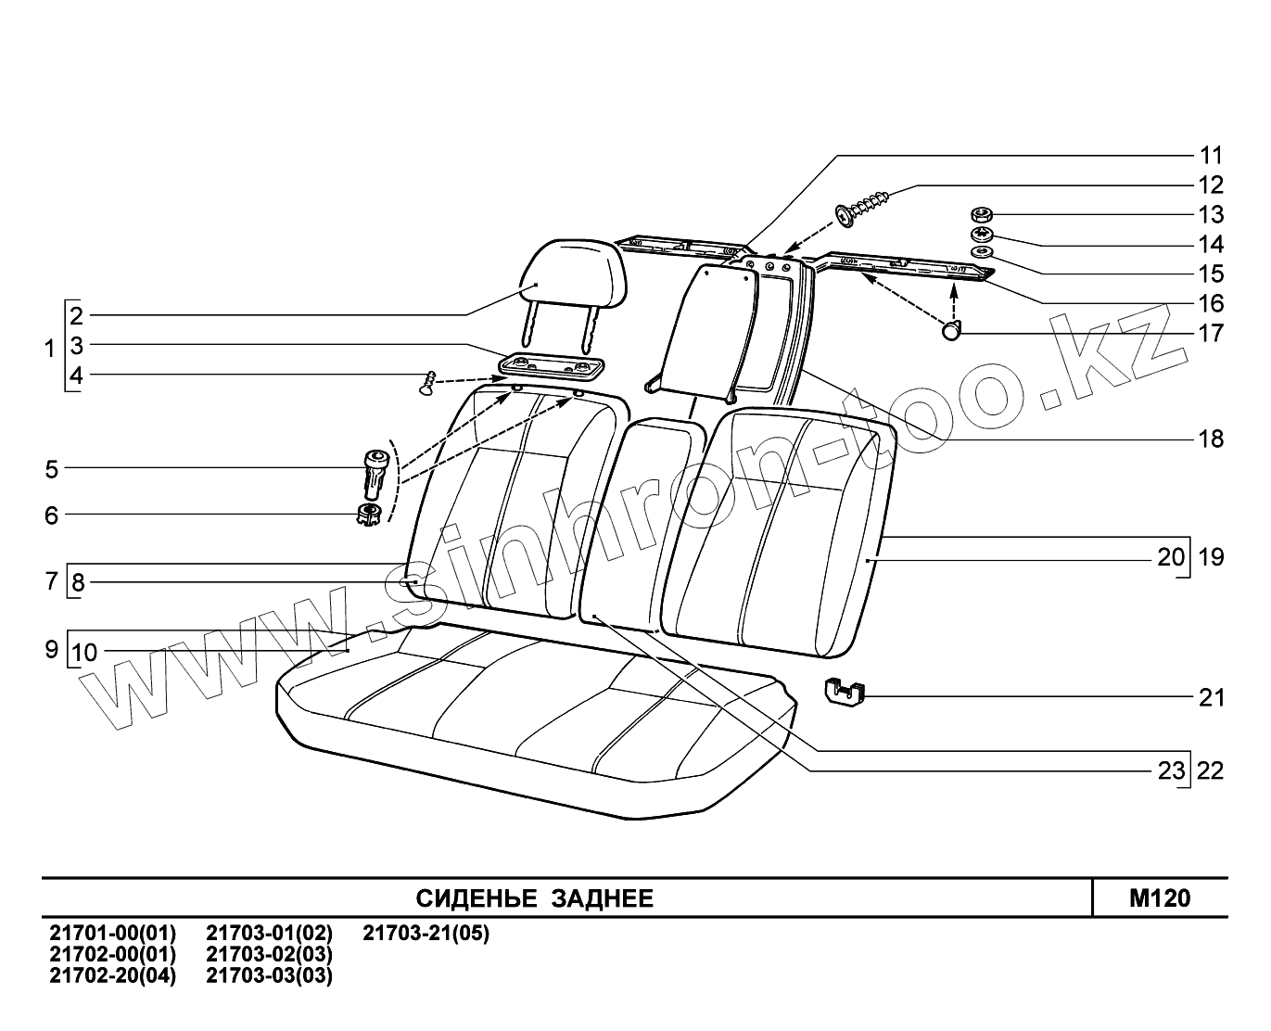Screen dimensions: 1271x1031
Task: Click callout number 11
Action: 1211,155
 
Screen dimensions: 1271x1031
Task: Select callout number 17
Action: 1211,333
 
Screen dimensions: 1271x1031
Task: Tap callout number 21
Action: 1211,697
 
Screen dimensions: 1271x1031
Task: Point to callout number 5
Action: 51,469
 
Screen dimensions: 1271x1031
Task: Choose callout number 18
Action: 1211,439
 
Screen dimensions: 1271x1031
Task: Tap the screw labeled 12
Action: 866,207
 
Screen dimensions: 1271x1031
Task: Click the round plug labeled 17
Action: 952,331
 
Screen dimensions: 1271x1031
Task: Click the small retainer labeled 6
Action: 369,515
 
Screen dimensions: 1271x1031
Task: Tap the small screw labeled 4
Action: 427,383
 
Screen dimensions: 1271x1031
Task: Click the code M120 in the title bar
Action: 1159,898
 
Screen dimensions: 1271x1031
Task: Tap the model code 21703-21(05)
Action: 426,933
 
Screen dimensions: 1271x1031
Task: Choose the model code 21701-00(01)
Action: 111,933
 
